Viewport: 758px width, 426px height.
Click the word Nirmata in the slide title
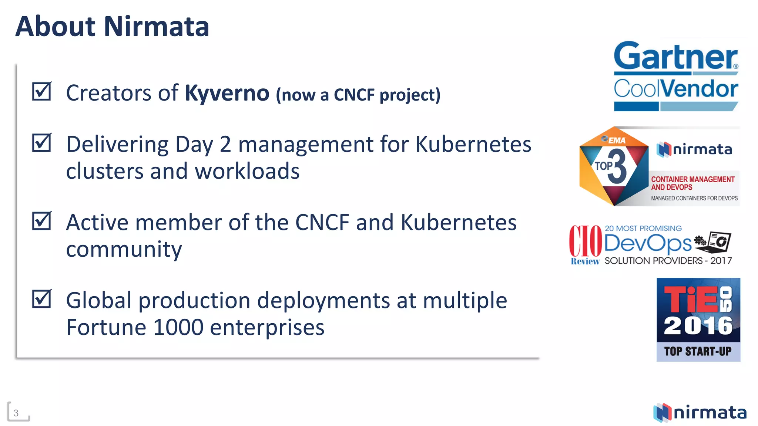pyautogui.click(x=156, y=27)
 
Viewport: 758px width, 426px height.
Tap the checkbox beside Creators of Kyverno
pyautogui.click(x=41, y=91)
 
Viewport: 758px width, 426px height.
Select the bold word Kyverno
pyautogui.click(x=227, y=93)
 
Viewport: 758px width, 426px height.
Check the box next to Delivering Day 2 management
pyautogui.click(x=41, y=143)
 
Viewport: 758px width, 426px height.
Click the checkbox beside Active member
pyautogui.click(x=41, y=221)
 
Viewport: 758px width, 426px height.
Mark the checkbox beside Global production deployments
pyautogui.click(x=41, y=299)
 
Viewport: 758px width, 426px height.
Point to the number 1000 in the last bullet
pyautogui.click(x=178, y=327)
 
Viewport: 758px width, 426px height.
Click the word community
pyautogui.click(x=124, y=249)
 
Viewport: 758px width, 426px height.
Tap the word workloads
pyautogui.click(x=247, y=171)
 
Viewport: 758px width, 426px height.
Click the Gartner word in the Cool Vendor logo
pyautogui.click(x=675, y=56)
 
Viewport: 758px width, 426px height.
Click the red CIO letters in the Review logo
pyautogui.click(x=586, y=241)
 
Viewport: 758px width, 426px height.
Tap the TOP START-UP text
pyautogui.click(x=698, y=351)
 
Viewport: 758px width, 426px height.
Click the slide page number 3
pyautogui.click(x=16, y=413)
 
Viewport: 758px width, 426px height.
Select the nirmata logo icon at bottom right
pyautogui.click(x=663, y=413)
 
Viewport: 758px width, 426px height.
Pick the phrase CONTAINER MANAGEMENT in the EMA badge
pyautogui.click(x=692, y=179)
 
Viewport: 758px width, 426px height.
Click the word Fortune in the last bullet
pyautogui.click(x=105, y=327)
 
